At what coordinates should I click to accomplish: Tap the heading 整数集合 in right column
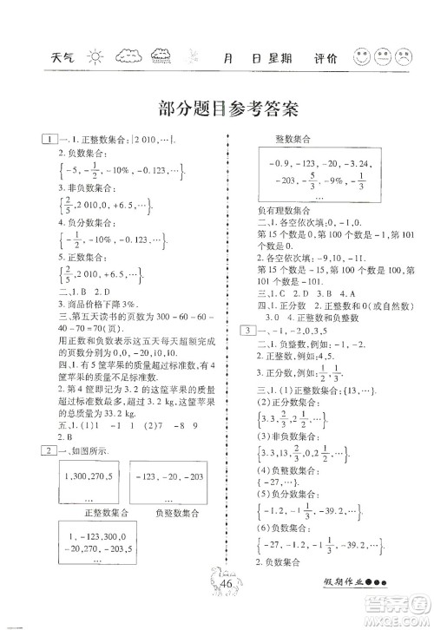tap(293, 139)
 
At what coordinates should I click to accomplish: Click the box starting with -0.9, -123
tap(306, 190)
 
